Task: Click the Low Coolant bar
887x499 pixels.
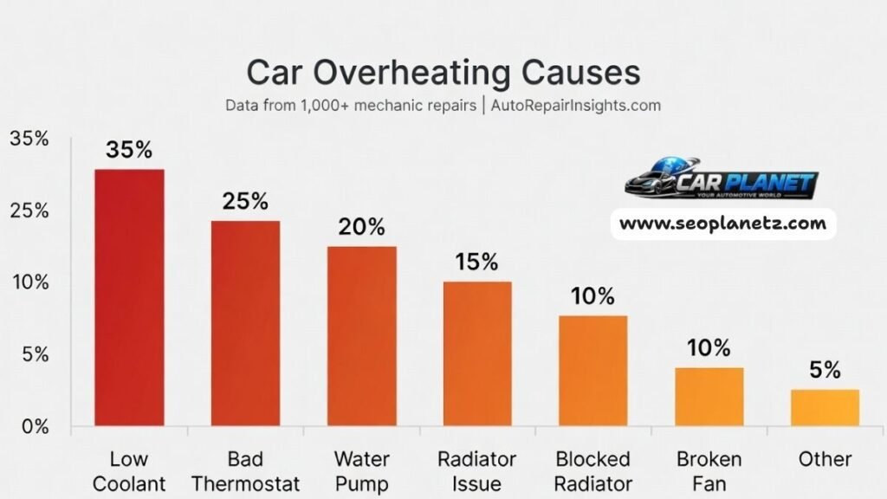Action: (x=129, y=297)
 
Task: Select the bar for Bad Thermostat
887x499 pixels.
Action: (x=245, y=323)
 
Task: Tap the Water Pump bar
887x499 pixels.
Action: (x=361, y=336)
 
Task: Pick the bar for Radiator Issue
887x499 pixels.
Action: (x=477, y=353)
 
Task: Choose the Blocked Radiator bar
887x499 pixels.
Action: (x=592, y=371)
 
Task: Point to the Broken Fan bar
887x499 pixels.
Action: (x=709, y=397)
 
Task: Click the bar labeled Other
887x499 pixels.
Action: (x=825, y=407)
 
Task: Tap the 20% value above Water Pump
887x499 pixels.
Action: (x=361, y=227)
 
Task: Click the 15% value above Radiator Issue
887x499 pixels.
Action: (x=477, y=262)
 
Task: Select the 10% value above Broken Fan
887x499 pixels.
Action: (x=709, y=348)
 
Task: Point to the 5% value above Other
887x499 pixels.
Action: (x=825, y=370)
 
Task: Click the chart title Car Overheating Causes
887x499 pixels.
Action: (x=443, y=72)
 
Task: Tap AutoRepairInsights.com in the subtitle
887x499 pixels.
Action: (x=576, y=106)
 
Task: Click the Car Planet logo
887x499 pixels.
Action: (x=721, y=181)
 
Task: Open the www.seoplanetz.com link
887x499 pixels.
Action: (x=723, y=224)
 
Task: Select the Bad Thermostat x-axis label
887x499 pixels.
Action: (x=245, y=470)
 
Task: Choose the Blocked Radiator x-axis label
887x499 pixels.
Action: (x=592, y=470)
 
